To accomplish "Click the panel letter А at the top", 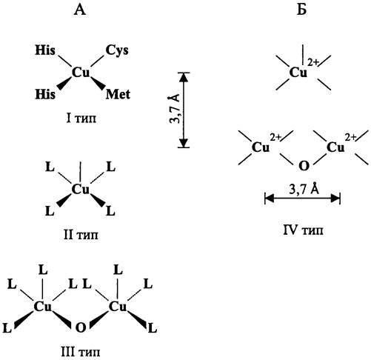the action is [80, 10].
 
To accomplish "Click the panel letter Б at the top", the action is [301, 10].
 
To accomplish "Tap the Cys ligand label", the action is [117, 51].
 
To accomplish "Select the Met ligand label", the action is [118, 94].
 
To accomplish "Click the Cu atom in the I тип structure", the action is [81, 73].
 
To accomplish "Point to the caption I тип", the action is [81, 119].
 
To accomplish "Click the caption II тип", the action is [81, 234].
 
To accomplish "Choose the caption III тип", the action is [81, 351].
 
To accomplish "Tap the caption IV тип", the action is [303, 230].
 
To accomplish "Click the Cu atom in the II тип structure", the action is [81, 190].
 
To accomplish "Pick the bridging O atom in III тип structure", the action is [81, 328].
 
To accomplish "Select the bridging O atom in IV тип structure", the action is [304, 166].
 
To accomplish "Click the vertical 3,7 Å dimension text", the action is [175, 109].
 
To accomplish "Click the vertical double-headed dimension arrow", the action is [184, 110].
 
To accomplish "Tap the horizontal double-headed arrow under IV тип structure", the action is [302, 198].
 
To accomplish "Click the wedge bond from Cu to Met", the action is [98, 83].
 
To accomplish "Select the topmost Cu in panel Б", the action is [298, 73].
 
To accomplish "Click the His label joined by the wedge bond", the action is [45, 94].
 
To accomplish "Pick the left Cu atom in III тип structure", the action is [43, 307].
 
